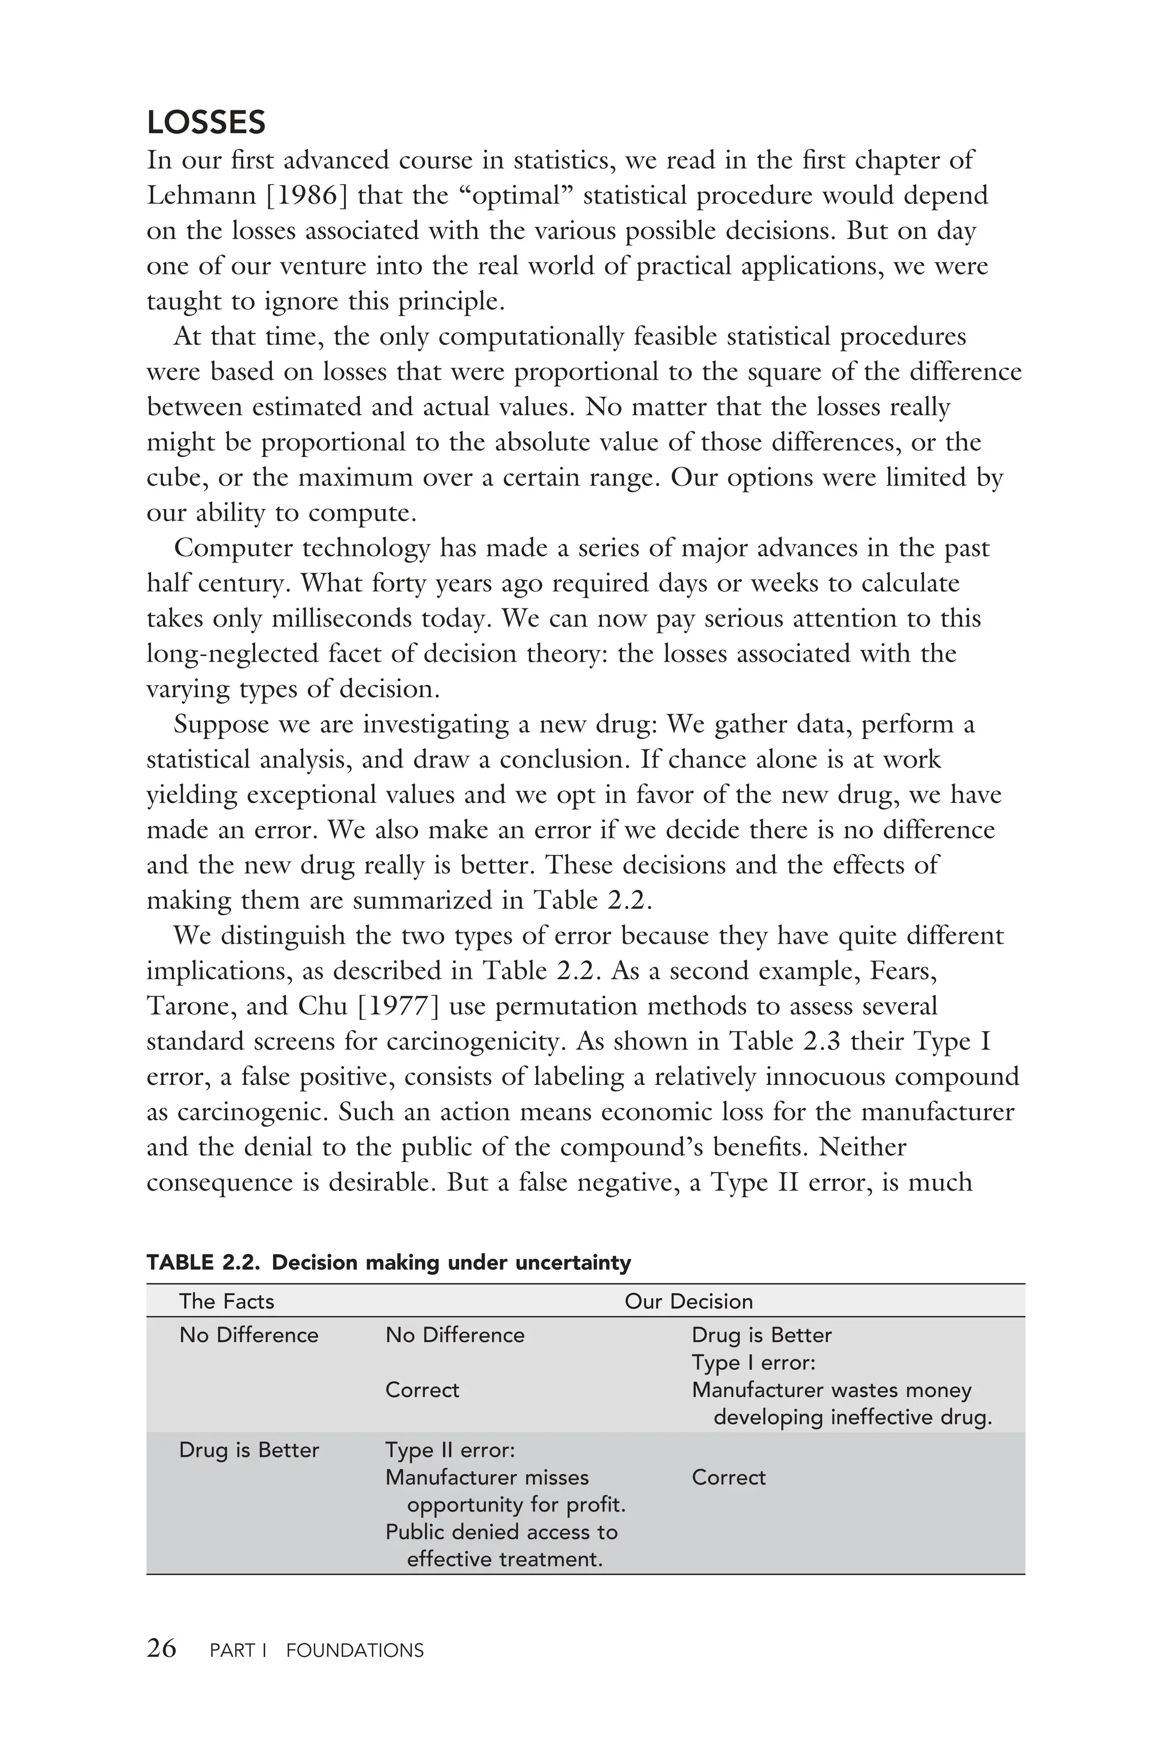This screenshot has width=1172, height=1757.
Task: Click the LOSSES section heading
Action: (206, 122)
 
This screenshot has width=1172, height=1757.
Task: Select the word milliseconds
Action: (344, 618)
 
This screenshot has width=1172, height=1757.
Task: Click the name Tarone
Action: (191, 1006)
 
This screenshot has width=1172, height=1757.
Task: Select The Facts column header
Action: (227, 1301)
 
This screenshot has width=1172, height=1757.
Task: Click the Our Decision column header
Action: (688, 1301)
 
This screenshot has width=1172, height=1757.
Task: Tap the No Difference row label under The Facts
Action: (249, 1335)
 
